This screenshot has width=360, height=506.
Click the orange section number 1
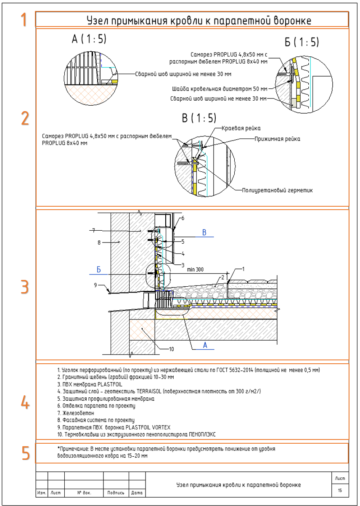click(x=24, y=19)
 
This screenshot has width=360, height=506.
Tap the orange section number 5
click(x=26, y=453)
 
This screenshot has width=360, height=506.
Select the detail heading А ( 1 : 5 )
click(x=89, y=39)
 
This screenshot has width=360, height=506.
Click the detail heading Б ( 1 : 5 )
click(x=302, y=42)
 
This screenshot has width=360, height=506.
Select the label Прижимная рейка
click(x=277, y=138)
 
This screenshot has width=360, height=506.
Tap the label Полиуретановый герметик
click(x=277, y=190)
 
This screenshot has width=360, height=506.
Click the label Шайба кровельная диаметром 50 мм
click(x=220, y=89)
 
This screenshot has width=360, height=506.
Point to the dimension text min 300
click(x=195, y=269)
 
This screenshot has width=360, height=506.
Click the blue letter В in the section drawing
click(x=204, y=232)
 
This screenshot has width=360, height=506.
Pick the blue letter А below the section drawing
click(x=205, y=345)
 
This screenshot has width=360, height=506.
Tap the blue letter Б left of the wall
click(x=99, y=269)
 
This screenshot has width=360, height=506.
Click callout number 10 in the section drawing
click(x=171, y=349)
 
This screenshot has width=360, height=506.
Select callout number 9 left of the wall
click(x=95, y=285)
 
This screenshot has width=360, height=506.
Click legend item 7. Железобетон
click(x=72, y=413)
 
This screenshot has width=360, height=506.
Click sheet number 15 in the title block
click(x=339, y=490)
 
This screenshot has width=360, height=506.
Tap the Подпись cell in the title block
click(x=116, y=492)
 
